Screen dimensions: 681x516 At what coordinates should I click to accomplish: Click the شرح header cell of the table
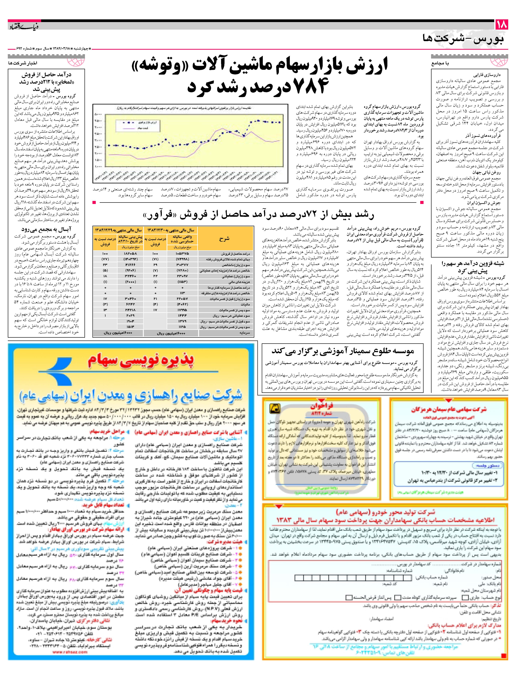(x=224, y=239)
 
